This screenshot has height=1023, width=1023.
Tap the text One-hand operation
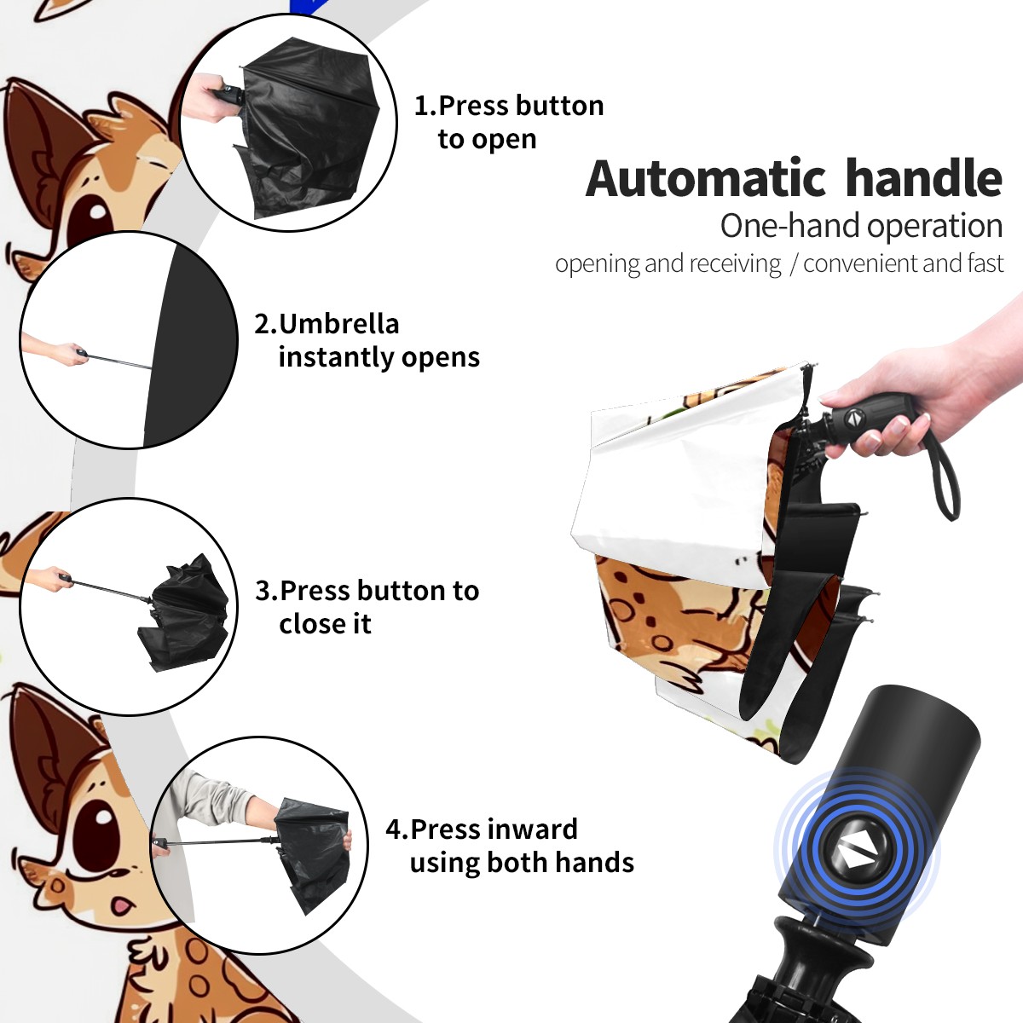tap(861, 227)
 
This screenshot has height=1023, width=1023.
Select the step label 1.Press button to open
tap(509, 122)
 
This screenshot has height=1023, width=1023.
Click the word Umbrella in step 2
tap(338, 324)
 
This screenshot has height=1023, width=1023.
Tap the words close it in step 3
tap(325, 623)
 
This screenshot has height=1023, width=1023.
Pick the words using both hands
tap(522, 862)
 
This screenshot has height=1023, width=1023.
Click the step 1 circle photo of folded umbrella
tap(288, 123)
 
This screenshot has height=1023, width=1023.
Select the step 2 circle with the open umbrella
tap(129, 340)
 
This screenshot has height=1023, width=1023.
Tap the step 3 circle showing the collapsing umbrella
tap(129, 607)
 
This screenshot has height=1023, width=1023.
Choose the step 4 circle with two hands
tap(259, 846)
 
